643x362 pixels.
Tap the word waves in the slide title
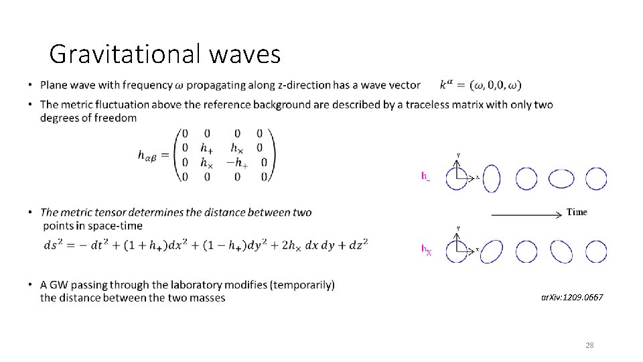244,54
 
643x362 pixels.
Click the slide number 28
589,345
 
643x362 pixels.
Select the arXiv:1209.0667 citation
572,296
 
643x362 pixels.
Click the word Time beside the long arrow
577,212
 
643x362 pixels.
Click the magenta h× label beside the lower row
426,250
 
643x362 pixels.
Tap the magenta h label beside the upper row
425,176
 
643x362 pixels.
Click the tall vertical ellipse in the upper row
492,178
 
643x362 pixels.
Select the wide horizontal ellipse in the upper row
561,178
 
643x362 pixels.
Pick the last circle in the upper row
596,178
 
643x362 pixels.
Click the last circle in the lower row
596,251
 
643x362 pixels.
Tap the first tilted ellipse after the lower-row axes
492,251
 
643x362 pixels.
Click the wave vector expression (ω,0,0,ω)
496,85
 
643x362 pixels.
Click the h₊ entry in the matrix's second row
208,148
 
